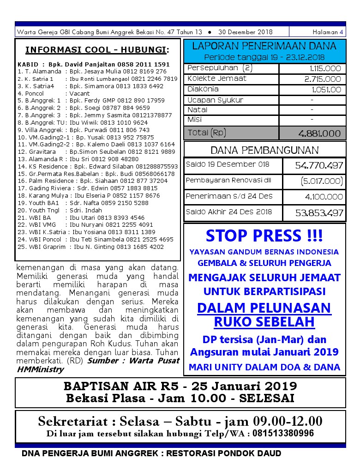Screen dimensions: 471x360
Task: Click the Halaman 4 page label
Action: [x=328, y=32]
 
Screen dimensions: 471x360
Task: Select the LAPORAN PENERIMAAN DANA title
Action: [x=264, y=46]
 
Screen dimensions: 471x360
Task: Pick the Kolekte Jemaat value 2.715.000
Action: [x=323, y=79]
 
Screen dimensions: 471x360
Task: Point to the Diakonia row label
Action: [x=203, y=89]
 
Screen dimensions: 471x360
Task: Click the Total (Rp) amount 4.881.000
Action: [x=320, y=133]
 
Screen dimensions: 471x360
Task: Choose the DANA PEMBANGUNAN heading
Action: [x=264, y=150]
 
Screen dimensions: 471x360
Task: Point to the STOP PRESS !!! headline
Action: [x=264, y=236]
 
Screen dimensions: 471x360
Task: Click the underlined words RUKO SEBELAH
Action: [x=264, y=322]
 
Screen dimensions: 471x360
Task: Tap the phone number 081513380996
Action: [x=287, y=433]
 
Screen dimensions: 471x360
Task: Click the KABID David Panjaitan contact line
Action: [x=94, y=65]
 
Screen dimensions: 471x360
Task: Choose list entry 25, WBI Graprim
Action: [x=91, y=247]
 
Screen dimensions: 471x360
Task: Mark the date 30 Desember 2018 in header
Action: [x=245, y=32]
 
